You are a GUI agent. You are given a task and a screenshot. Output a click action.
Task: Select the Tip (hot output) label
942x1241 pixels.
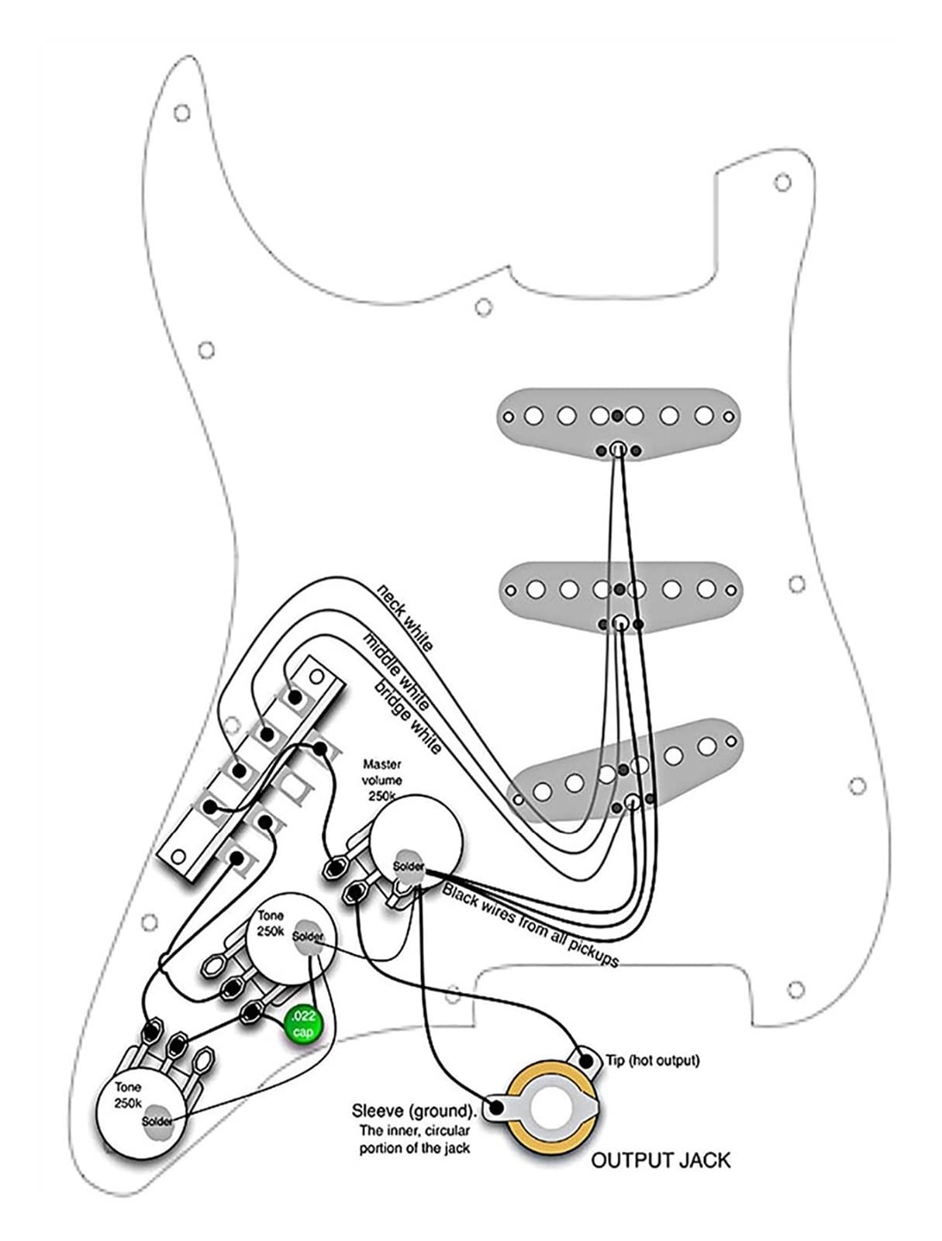(652, 1060)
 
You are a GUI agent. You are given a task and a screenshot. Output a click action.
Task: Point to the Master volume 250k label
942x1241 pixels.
(382, 781)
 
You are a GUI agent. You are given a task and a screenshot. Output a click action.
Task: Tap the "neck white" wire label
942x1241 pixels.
(404, 617)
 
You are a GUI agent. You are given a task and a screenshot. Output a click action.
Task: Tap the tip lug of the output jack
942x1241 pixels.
(586, 1061)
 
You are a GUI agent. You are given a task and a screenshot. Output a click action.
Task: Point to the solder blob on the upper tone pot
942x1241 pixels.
(308, 936)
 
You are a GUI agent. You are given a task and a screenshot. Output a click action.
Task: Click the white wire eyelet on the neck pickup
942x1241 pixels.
(618, 450)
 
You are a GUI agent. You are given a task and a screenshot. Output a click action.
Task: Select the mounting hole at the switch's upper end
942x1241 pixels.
(316, 676)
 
